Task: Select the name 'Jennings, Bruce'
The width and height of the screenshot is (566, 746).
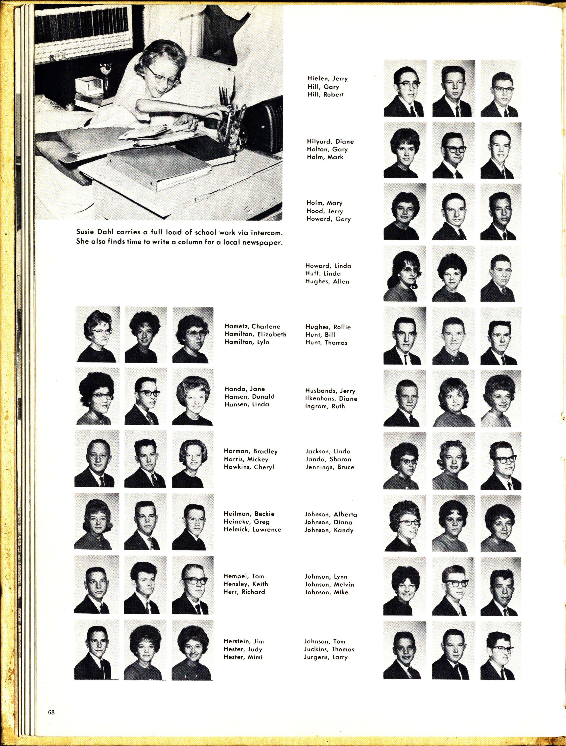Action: point(329,467)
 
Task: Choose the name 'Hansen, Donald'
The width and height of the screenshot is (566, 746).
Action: point(249,396)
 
